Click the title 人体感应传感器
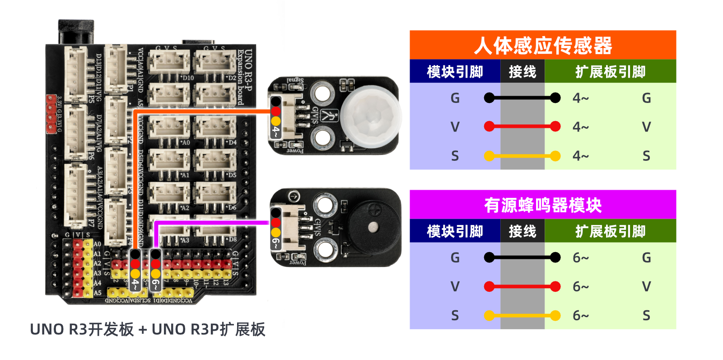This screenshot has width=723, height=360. coord(542,46)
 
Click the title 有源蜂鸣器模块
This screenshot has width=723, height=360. coord(542,205)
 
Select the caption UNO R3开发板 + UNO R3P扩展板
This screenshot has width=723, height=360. coord(147,329)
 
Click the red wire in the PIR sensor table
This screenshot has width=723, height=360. coord(522,126)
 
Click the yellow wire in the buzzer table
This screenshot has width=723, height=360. coord(522,315)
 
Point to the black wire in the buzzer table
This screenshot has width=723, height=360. coord(522,257)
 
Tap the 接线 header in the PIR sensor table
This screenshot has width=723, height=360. coord(522,72)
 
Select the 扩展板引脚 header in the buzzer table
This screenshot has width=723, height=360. coord(610,231)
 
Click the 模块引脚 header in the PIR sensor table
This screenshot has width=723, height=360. coord(455,72)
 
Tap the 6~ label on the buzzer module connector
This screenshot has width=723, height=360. coord(275,243)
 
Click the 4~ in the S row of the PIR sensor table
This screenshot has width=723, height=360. coord(580,156)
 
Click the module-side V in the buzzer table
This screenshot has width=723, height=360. coord(455,286)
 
